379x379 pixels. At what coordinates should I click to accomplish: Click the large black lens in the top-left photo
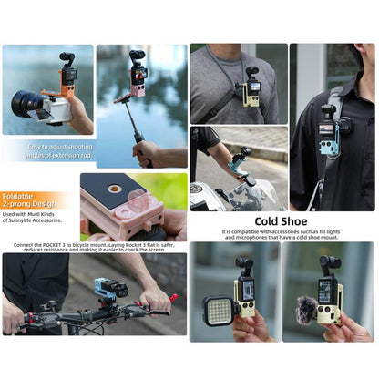(x=28, y=104)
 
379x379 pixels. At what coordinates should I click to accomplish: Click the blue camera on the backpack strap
(x=328, y=125)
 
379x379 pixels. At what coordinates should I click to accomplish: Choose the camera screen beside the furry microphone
(x=324, y=294)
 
